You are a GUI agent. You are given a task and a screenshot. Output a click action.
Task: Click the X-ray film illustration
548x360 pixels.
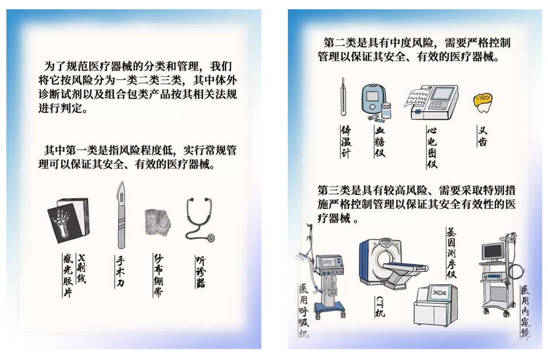pyautogui.click(x=69, y=222)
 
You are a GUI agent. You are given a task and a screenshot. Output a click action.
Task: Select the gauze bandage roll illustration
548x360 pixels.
pyautogui.click(x=157, y=222)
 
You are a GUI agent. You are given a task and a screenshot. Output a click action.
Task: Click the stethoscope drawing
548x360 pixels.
pyautogui.click(x=198, y=219)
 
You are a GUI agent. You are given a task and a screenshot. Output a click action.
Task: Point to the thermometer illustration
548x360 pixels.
pyautogui.click(x=343, y=97)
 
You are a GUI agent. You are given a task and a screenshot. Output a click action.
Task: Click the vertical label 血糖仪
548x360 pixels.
pyautogui.click(x=379, y=142)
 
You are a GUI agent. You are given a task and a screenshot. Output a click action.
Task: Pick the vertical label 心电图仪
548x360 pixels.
pyautogui.click(x=431, y=147)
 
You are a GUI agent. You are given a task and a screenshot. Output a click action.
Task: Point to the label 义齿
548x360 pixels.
pyautogui.click(x=483, y=137)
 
